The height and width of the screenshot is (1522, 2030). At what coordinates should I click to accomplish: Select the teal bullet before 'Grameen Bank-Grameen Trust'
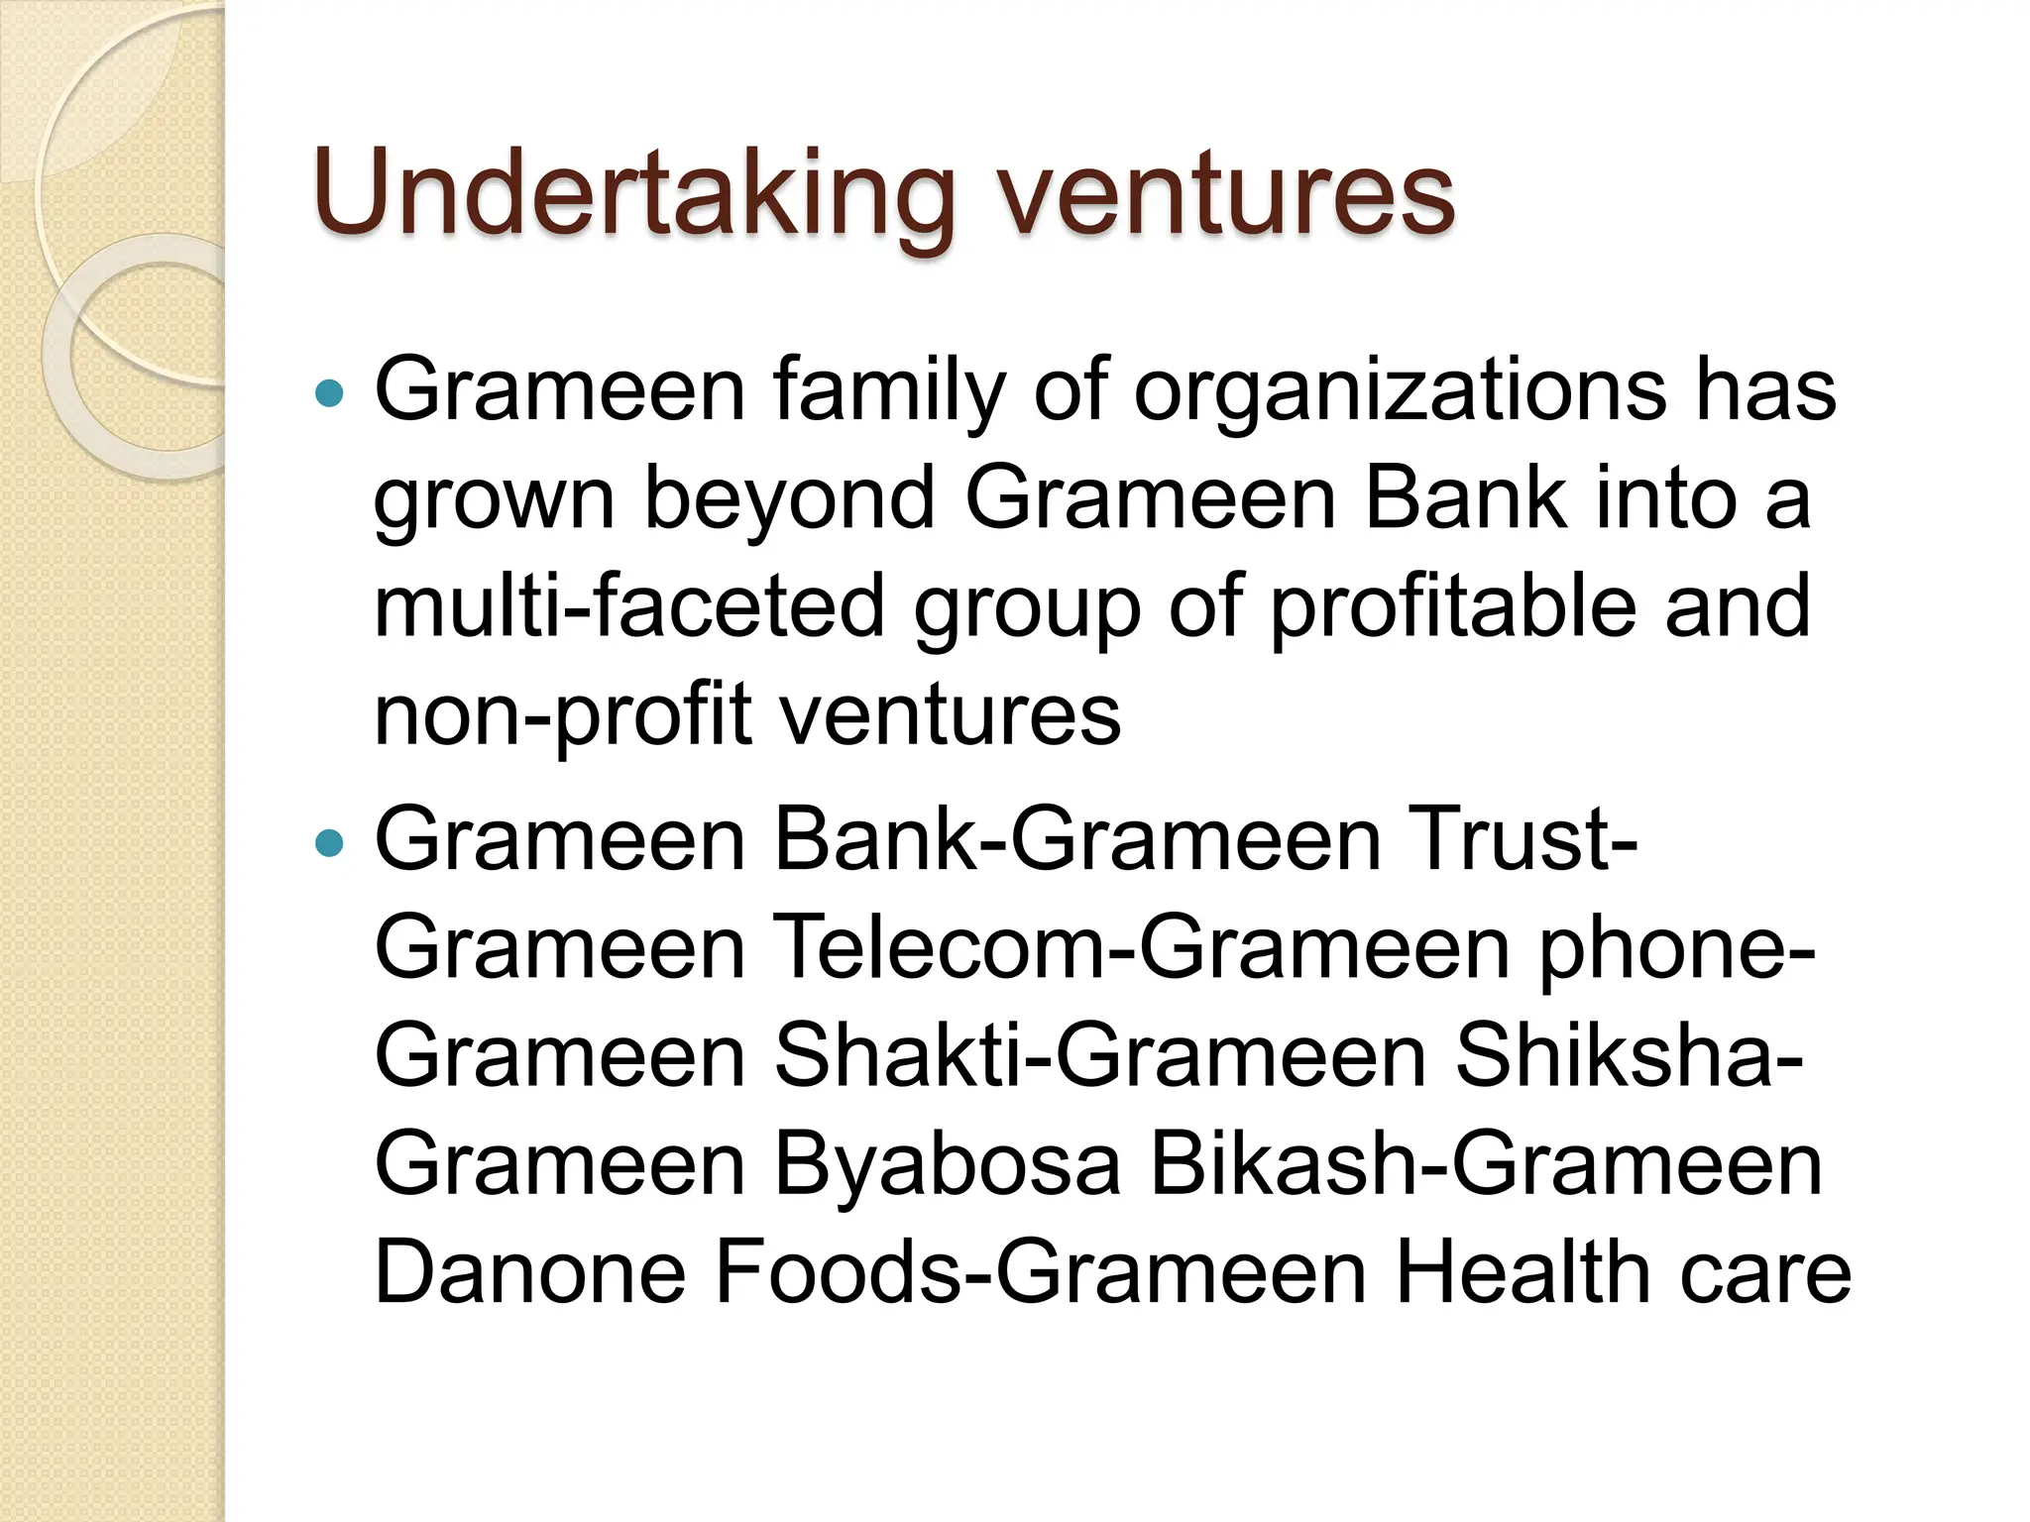(x=328, y=844)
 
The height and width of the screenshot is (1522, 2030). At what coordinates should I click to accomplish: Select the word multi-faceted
(x=628, y=606)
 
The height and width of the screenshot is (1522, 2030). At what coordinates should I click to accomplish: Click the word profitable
(x=1453, y=606)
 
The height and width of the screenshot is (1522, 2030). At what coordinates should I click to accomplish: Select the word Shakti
(x=896, y=1056)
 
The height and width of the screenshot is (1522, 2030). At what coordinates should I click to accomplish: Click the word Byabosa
(x=947, y=1164)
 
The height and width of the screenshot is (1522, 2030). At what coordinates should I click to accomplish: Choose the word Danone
(x=530, y=1272)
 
